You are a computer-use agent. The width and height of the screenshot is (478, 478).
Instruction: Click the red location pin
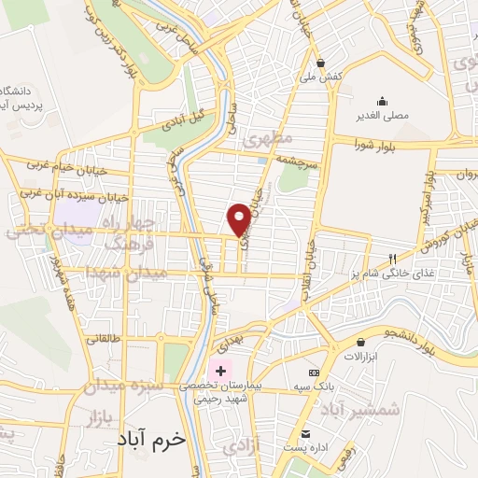pos(239,218)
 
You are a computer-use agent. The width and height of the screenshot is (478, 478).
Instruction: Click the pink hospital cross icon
pos(220,371)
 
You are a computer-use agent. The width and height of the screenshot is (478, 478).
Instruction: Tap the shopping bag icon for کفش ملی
pos(321,63)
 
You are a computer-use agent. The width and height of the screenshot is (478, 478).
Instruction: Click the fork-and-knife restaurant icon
pos(392,258)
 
